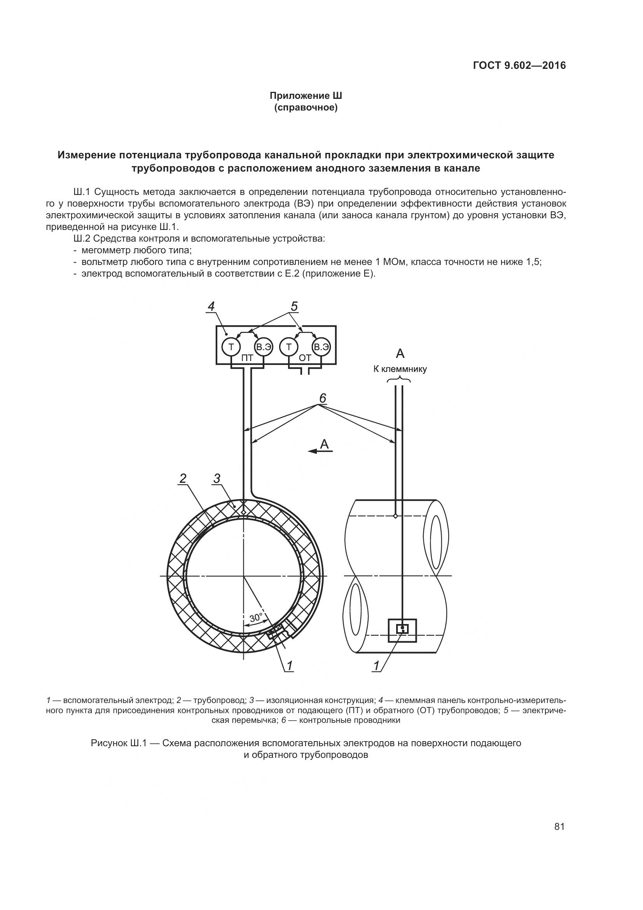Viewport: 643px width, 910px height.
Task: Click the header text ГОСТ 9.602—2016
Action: (519, 65)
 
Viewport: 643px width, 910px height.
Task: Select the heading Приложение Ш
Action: (306, 96)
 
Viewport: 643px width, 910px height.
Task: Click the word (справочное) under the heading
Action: (306, 108)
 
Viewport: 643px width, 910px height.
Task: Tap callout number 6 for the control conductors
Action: (323, 398)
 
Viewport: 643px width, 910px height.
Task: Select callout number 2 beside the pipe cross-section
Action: (183, 479)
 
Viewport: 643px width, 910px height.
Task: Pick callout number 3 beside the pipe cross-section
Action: (217, 479)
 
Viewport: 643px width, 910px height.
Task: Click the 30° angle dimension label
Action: (256, 617)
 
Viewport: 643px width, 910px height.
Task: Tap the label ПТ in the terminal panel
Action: (247, 358)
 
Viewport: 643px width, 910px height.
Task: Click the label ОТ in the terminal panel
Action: (305, 358)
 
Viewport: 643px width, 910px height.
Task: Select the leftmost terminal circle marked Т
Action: (231, 347)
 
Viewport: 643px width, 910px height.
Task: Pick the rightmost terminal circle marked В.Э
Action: (321, 347)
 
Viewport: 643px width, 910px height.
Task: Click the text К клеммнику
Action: (400, 369)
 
